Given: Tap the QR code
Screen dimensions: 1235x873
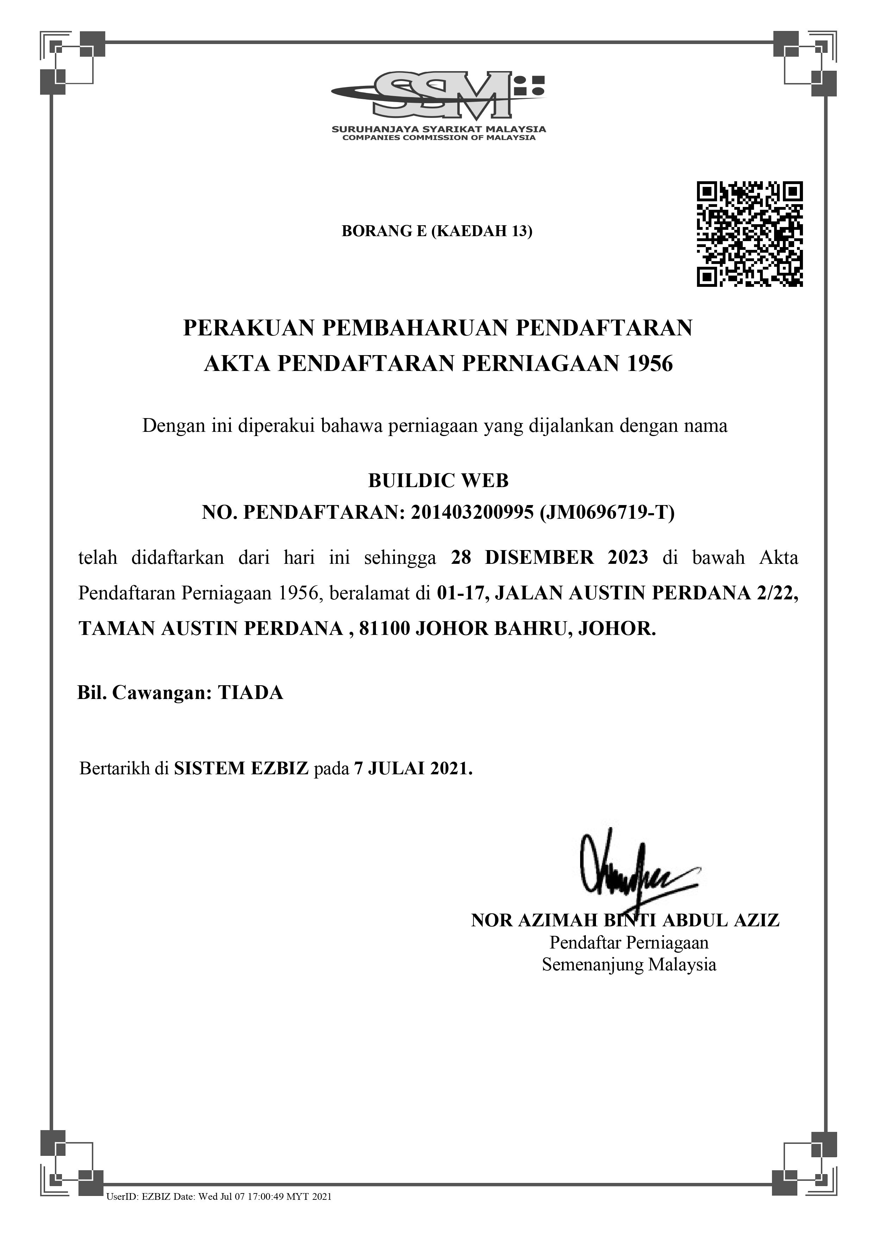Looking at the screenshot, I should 749,234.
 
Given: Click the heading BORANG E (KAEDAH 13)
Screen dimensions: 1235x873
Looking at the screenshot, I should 437,231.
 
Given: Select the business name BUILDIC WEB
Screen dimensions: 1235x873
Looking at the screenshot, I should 438,480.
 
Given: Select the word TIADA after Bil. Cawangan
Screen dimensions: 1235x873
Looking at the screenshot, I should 250,693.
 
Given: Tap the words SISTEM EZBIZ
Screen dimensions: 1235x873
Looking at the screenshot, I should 241,768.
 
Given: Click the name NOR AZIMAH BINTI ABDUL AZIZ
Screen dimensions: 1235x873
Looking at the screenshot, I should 625,920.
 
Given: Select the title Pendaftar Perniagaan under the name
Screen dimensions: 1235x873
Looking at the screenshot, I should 628,943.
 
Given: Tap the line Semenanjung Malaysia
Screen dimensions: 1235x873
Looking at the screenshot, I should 628,964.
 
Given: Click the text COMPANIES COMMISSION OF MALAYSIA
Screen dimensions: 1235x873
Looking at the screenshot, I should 438,138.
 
